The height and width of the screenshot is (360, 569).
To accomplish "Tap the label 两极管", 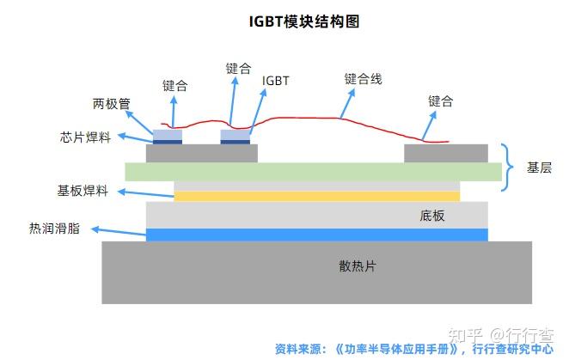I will tap(111, 104).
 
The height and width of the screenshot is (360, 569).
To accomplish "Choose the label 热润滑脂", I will tap(54, 229).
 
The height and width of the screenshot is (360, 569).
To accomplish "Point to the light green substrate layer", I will tap(313, 172).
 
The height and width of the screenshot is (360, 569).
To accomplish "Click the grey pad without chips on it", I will tap(445, 154).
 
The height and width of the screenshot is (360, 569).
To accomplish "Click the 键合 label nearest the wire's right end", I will tap(440, 101).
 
